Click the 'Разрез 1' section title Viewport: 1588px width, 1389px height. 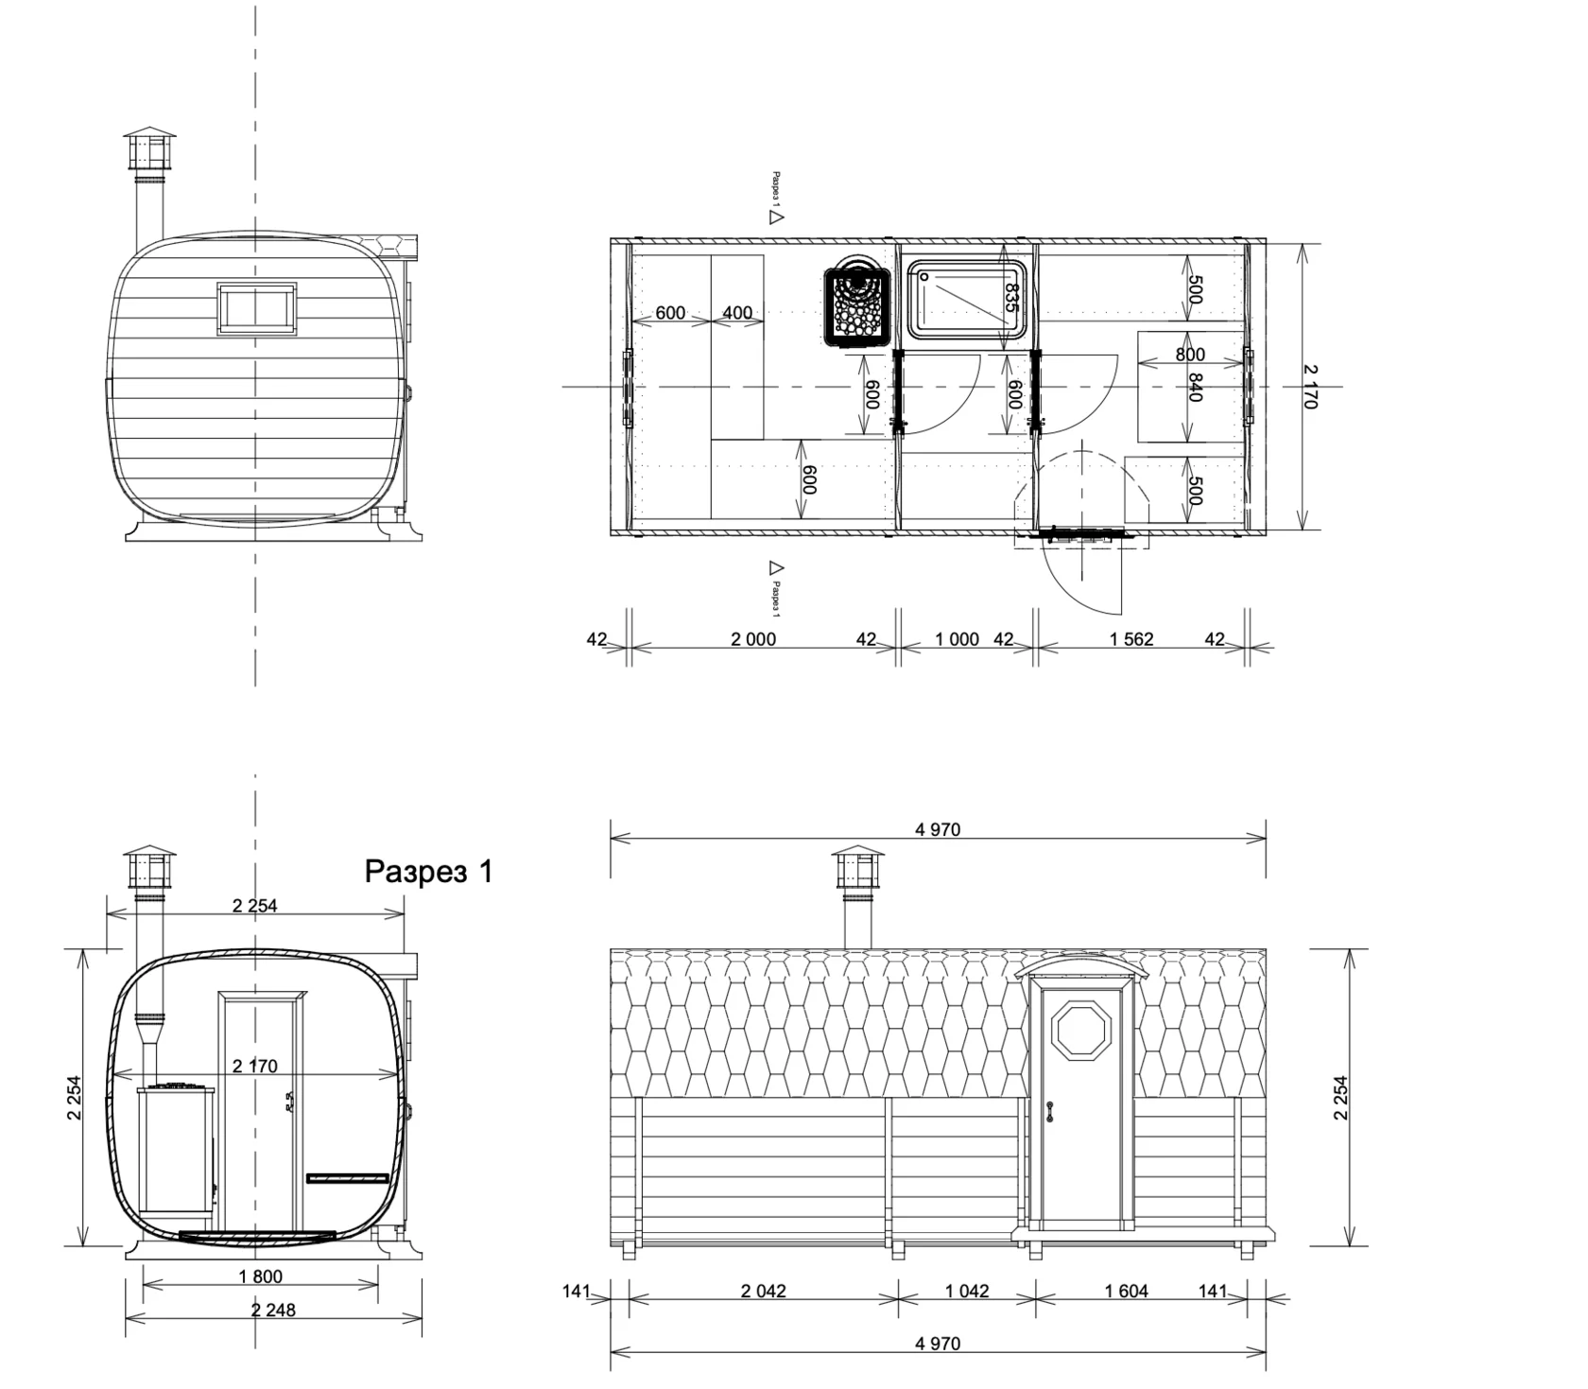coord(429,871)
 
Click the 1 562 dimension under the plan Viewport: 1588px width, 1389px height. coord(1131,639)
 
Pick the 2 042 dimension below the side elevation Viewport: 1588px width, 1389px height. coord(763,1291)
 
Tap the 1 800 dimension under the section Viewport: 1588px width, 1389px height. coord(260,1276)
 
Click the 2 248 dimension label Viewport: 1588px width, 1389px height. coord(273,1310)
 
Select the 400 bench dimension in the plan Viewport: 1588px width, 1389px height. coord(737,312)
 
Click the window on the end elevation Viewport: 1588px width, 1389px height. coord(256,308)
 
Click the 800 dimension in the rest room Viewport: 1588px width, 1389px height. coord(1190,355)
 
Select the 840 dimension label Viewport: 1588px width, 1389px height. coord(1195,388)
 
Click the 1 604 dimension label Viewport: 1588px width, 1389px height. coord(1126,1291)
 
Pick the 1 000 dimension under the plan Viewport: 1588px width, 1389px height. coord(957,639)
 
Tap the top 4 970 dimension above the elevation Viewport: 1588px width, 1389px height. coord(938,829)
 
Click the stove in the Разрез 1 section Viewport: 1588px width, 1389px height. coord(178,1153)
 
